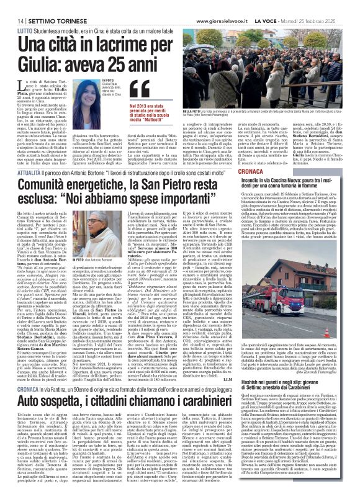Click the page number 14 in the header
click(12, 6)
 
